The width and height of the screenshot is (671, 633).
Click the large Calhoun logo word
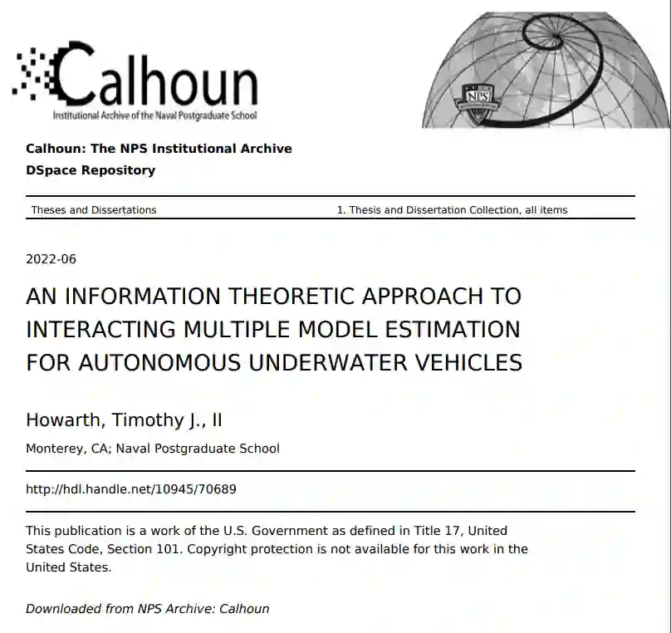[x=158, y=76]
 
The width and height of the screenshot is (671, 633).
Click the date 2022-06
[x=51, y=259]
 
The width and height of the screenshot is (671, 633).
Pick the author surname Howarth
[x=64, y=420]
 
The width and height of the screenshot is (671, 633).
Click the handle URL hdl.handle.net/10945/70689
[x=131, y=489]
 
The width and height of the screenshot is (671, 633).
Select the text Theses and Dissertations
[x=94, y=210]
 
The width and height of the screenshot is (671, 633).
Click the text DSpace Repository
[x=91, y=170]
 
